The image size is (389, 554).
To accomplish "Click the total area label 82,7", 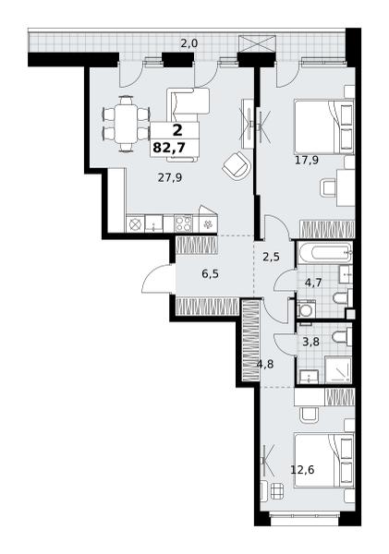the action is tap(169, 147).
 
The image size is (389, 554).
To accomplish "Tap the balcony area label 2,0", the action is tap(189, 43).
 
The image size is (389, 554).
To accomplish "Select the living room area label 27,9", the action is tap(170, 177).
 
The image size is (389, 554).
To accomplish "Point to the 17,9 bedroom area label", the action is tap(307, 161).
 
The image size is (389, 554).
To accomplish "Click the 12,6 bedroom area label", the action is tap(302, 470).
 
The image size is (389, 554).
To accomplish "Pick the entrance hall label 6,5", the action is tap(210, 274).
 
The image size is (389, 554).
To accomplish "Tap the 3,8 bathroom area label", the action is tap(310, 342).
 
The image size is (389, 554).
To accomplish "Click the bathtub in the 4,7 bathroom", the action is tap(324, 253).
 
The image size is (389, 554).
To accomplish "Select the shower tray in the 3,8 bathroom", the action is tap(338, 369).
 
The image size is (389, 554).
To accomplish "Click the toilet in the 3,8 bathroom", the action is tap(342, 337).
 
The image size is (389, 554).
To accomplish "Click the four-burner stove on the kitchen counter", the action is tap(184, 224).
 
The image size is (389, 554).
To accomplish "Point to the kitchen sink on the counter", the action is tap(154, 224).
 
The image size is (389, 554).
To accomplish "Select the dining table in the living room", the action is tap(126, 124).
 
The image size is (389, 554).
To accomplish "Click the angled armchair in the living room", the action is tap(237, 166).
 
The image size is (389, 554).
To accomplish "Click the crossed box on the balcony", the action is tap(257, 44).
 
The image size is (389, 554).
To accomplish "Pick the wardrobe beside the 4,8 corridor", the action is tap(250, 340).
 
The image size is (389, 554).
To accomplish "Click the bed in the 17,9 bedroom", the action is tap(324, 127).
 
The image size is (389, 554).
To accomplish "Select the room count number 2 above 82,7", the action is tap(177, 130).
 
